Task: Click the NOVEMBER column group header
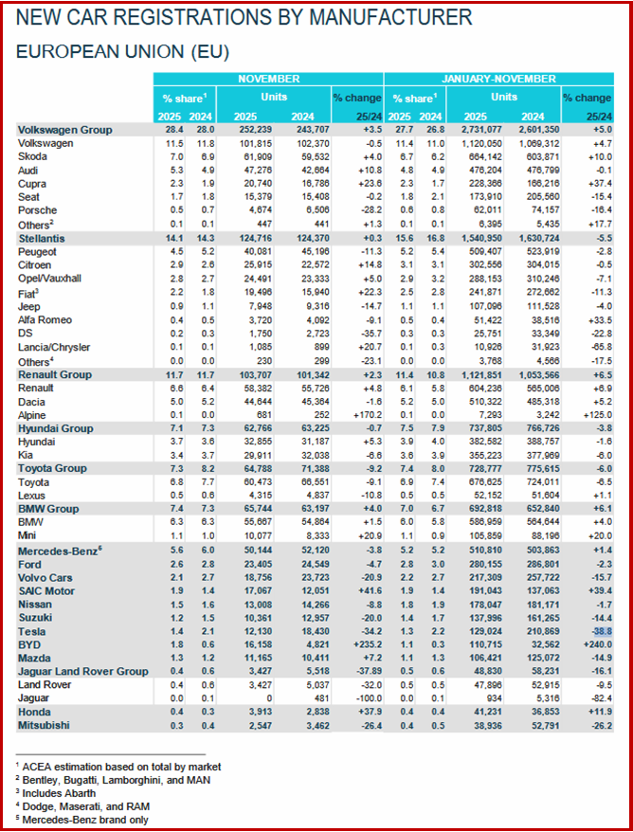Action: click(x=269, y=79)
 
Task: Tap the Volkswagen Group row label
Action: click(x=64, y=130)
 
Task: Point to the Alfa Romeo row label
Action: click(x=46, y=321)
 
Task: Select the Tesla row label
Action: click(x=32, y=631)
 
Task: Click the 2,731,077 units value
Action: click(x=470, y=130)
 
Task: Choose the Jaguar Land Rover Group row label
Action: click(x=81, y=671)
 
